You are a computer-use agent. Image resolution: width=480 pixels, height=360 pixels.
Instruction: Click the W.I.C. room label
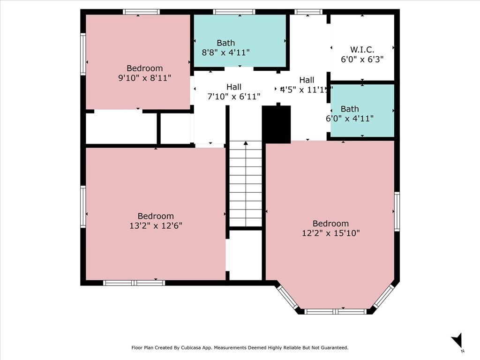coord(362,49)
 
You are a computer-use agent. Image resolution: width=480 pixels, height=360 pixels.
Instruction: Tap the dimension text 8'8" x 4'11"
coord(225,52)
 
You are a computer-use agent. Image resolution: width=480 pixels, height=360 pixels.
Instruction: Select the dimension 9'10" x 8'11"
coord(144,78)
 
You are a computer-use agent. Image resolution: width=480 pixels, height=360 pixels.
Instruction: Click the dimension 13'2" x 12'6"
coord(156,225)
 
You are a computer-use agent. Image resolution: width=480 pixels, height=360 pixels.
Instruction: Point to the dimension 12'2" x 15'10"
coord(331,233)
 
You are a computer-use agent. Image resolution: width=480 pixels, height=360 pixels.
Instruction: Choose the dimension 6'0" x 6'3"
coord(362,60)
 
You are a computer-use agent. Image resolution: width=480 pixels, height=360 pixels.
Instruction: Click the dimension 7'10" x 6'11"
coord(234,97)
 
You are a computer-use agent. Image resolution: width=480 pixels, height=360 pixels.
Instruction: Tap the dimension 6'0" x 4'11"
coord(350,119)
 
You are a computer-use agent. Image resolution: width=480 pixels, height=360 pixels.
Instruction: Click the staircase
coord(245,184)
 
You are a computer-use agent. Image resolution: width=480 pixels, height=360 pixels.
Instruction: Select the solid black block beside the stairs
coord(277,124)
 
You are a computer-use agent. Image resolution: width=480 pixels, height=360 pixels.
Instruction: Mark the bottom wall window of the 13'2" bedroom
coord(134,283)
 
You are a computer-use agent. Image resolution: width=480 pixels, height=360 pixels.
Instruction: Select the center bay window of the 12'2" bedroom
coord(336,311)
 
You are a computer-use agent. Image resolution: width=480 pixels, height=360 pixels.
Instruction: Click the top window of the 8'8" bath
coord(233,12)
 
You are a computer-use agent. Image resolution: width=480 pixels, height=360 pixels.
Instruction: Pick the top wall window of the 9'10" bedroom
coord(141,12)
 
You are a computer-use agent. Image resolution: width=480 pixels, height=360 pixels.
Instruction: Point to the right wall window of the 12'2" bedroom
coord(397,211)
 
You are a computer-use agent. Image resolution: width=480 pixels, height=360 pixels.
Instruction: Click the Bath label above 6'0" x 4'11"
coord(350,109)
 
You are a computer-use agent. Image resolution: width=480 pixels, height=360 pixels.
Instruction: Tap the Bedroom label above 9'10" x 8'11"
coord(144,68)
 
